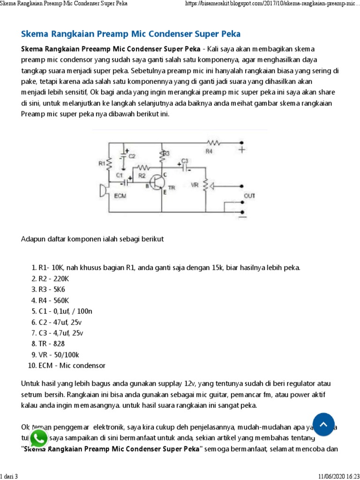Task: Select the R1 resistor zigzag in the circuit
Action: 109,164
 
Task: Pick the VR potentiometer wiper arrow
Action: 211,187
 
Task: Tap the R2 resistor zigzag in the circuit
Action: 143,167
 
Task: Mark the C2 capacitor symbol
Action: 124,155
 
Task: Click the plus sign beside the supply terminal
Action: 242,150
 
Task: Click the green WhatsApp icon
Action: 38,439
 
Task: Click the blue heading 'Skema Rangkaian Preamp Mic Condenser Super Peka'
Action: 131,34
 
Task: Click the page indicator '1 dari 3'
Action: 9,476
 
